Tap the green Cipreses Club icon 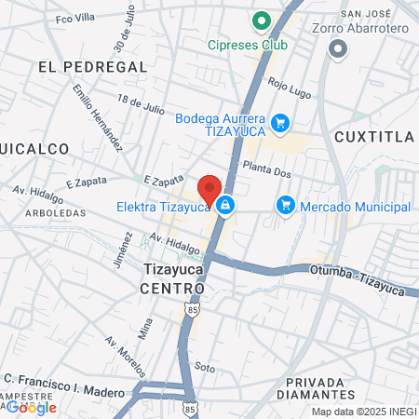point(263,21)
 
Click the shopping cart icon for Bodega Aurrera point(279,122)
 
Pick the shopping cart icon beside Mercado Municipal point(286,206)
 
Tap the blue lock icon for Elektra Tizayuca point(224,206)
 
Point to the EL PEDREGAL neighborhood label point(93,67)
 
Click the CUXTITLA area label point(372,138)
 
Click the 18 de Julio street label point(141,104)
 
